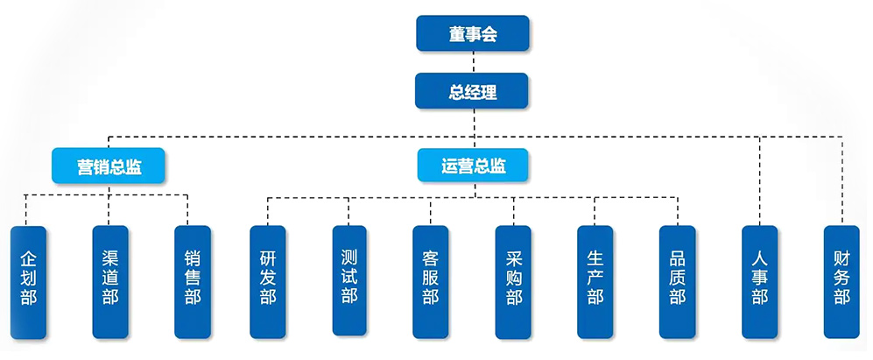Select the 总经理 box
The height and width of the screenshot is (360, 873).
tap(473, 90)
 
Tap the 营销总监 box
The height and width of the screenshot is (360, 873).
tap(109, 166)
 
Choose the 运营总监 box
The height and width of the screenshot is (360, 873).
tap(474, 166)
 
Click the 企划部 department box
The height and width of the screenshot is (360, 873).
tap(28, 281)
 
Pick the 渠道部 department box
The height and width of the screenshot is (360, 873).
tap(109, 281)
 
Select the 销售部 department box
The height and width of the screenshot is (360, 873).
tap(192, 281)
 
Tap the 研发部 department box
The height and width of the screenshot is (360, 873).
tap(268, 281)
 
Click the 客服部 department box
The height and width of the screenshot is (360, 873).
tap(431, 281)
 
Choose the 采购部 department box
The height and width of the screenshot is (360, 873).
tap(513, 281)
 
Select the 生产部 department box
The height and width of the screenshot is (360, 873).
tap(595, 281)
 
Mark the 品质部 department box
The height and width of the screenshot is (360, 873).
tap(677, 281)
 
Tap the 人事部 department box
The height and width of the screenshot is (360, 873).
tap(759, 281)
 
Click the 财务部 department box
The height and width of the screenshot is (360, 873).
tap(841, 281)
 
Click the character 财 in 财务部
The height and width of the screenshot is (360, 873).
tap(841, 259)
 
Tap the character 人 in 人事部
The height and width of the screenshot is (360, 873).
tap(759, 259)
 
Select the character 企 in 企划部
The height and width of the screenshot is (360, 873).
tap(28, 259)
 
